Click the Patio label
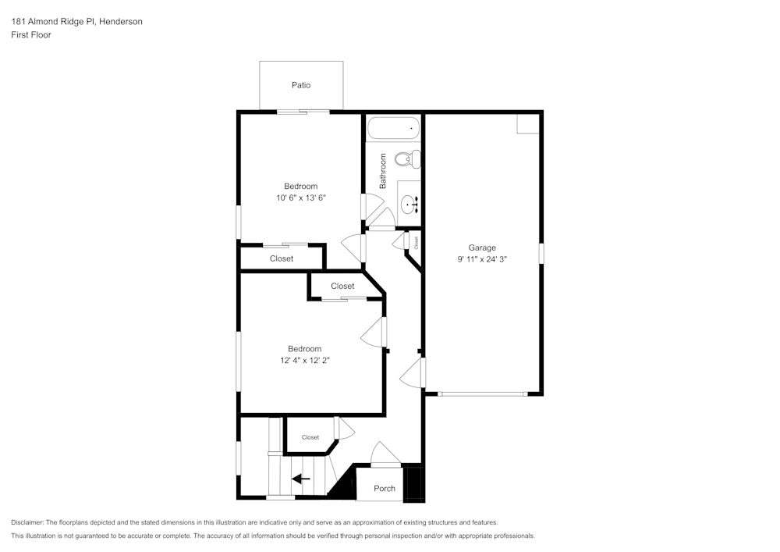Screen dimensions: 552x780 click(301, 85)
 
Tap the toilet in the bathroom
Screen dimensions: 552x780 click(406, 160)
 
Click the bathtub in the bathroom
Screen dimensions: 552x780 click(394, 128)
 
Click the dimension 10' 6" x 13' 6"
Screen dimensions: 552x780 click(300, 198)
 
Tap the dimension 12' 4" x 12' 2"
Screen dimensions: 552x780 click(304, 361)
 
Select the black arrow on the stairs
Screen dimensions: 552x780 click(301, 479)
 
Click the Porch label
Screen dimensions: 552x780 click(385, 489)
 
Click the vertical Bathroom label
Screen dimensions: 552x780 click(383, 171)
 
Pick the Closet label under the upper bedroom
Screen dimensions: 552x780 click(282, 258)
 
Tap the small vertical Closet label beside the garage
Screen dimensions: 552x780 click(416, 242)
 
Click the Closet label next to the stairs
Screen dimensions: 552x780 click(310, 437)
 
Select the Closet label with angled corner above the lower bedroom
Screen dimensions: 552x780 click(342, 286)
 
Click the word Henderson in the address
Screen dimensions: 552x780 click(119, 22)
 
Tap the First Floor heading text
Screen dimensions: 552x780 click(31, 35)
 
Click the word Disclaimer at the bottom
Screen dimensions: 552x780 click(27, 522)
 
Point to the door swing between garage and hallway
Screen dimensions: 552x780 click(412, 374)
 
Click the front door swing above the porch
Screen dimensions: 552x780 click(385, 455)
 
